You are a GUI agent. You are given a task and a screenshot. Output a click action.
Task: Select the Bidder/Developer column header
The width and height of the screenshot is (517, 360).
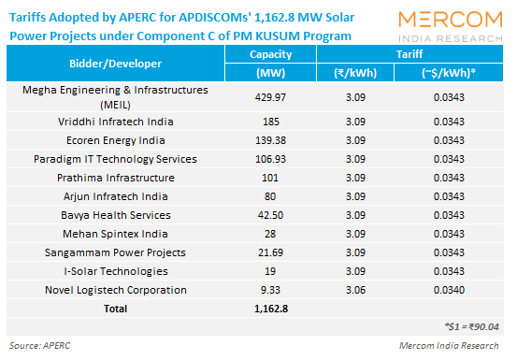(x=116, y=64)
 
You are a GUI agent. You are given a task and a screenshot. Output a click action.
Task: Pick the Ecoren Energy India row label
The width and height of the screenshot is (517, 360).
(x=116, y=140)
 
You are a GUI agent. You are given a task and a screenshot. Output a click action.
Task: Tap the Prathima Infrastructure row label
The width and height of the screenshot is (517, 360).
(x=116, y=178)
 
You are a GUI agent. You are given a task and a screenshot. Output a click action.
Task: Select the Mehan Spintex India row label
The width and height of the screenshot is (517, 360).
(x=116, y=234)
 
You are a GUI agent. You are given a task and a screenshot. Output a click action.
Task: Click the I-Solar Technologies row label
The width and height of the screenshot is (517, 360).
(x=116, y=271)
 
